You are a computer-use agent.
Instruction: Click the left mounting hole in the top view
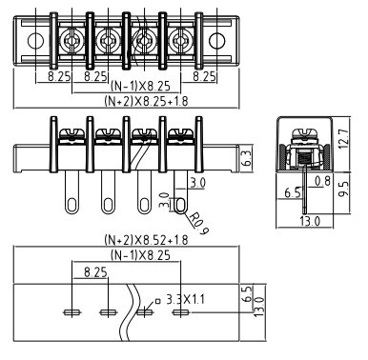click(35, 41)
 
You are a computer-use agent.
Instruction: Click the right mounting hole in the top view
click(217, 41)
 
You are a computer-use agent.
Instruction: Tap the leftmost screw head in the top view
click(72, 41)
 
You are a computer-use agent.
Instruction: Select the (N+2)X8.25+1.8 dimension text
click(146, 101)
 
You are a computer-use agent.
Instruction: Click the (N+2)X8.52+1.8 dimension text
click(146, 240)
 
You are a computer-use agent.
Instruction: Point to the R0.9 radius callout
click(199, 224)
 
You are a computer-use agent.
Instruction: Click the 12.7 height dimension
click(343, 138)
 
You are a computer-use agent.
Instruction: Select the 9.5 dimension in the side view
click(343, 190)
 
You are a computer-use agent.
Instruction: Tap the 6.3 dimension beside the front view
click(247, 158)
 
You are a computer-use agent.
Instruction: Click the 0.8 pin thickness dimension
click(322, 181)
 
